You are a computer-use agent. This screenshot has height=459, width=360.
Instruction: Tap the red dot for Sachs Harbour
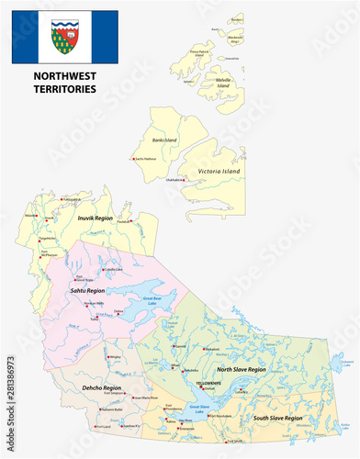pyautogui.click(x=135, y=160)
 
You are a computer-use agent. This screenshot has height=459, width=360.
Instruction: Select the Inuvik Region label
pyautogui.click(x=95, y=218)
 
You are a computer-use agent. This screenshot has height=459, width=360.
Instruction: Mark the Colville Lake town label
pyautogui.click(x=113, y=269)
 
